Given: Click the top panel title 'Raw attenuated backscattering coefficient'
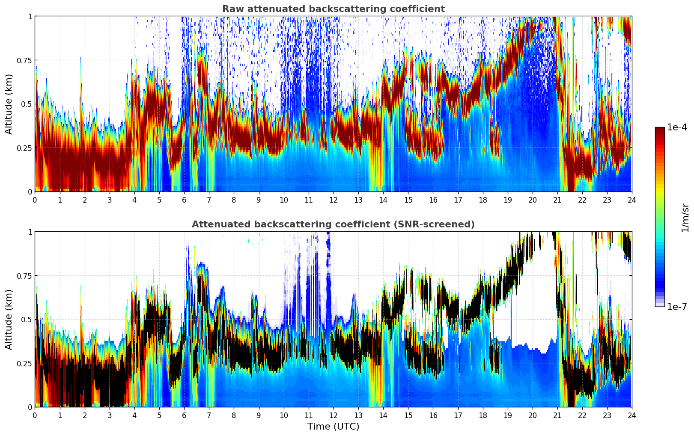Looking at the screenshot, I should click(333, 9).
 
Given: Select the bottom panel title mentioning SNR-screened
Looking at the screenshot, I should click(333, 224).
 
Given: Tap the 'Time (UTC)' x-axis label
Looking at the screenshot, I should click(333, 427).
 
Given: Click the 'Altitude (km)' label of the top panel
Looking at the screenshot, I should click(9, 104).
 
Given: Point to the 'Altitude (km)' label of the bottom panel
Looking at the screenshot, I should click(9, 319).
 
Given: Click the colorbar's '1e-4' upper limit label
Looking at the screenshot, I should click(677, 127).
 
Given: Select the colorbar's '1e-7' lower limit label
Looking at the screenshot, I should click(677, 306).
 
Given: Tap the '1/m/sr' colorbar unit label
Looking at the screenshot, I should click(685, 218).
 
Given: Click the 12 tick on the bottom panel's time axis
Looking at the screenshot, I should click(334, 415).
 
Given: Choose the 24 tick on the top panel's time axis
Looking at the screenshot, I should click(631, 200).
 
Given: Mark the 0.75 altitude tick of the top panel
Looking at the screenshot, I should click(24, 60).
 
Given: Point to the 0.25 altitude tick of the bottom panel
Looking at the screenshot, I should click(24, 363).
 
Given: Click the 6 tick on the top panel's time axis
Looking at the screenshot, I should click(184, 200).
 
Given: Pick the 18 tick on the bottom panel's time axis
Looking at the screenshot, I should click(483, 415).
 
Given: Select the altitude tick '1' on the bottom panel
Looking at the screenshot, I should click(30, 232).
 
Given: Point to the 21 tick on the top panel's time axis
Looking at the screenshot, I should click(557, 200).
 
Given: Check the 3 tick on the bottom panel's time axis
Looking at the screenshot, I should click(110, 415).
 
